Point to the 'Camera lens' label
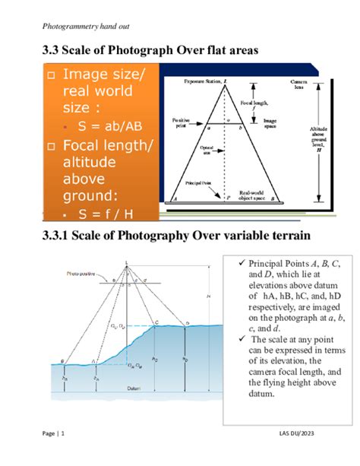tap(298, 84)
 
